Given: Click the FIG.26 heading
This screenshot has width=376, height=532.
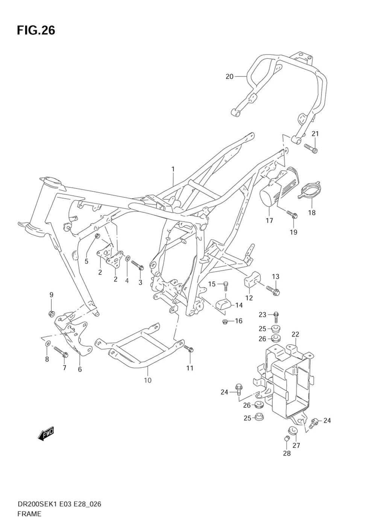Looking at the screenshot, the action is pos(36,31).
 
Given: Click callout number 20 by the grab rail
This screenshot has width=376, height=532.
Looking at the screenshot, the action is pos(229,77).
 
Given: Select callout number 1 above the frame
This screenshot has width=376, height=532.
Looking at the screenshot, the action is pos(173,169).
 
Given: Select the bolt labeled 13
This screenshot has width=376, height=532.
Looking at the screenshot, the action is pos(273,291).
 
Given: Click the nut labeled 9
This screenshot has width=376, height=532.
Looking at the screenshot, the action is pos(52,313).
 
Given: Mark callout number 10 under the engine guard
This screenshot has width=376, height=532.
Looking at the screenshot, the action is pos(148,380).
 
